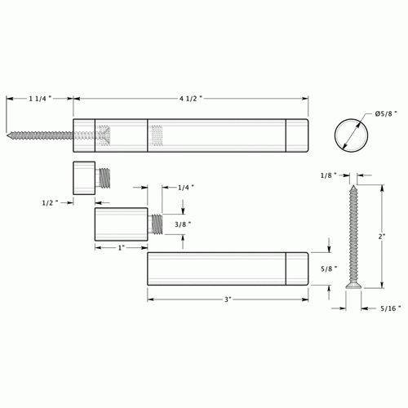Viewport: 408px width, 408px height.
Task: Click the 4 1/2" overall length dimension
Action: point(189,98)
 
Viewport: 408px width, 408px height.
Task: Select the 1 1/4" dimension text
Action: point(38,98)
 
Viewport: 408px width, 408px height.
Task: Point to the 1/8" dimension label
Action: point(329,174)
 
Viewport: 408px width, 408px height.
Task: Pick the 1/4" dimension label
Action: point(185,187)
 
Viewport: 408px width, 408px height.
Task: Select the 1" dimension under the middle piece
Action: point(121,247)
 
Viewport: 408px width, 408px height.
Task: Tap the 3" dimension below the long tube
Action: point(228,300)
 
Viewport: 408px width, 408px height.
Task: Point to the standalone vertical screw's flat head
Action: point(352,286)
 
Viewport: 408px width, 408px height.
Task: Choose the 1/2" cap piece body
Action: point(81,176)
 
